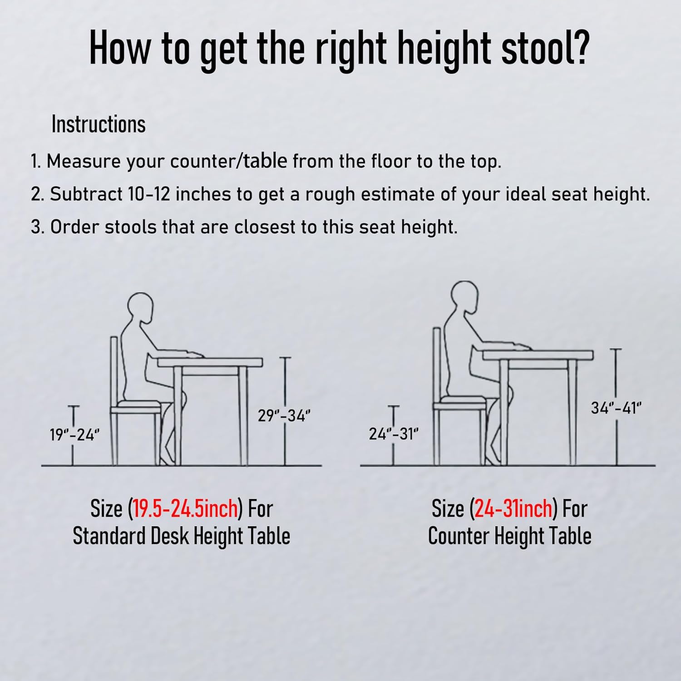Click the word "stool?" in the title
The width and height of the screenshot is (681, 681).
click(545, 49)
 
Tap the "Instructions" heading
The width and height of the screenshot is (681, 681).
click(99, 124)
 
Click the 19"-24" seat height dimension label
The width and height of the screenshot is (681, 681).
click(74, 435)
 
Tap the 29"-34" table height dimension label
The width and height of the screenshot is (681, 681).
click(284, 415)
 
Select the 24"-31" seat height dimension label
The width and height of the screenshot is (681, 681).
click(393, 434)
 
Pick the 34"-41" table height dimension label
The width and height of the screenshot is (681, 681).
click(616, 408)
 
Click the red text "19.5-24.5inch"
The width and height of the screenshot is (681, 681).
click(185, 508)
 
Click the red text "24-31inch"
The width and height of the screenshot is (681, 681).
click(513, 508)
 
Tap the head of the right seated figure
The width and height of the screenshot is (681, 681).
click(464, 296)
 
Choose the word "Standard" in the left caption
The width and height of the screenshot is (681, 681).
click(109, 536)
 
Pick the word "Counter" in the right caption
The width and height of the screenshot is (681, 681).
click(459, 536)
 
